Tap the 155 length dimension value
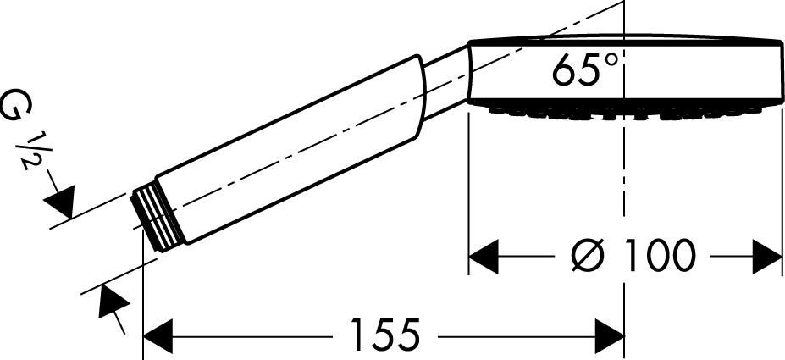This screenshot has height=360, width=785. [x=384, y=335]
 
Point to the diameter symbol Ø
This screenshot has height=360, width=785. [x=588, y=255]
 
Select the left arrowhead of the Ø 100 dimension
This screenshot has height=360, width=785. [x=484, y=257]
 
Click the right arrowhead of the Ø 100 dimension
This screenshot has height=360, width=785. [x=767, y=257]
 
